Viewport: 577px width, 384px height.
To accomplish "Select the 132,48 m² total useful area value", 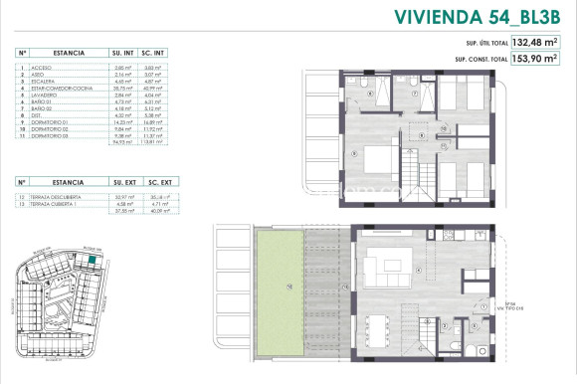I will pyautogui.click(x=534, y=43).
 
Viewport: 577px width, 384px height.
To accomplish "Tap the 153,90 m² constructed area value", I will pyautogui.click(x=534, y=59).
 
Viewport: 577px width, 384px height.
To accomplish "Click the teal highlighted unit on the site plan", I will pyautogui.click(x=93, y=261).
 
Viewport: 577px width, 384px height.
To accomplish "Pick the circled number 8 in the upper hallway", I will pyautogui.click(x=422, y=133).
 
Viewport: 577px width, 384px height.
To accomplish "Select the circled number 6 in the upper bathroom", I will pyautogui.click(x=370, y=94).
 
